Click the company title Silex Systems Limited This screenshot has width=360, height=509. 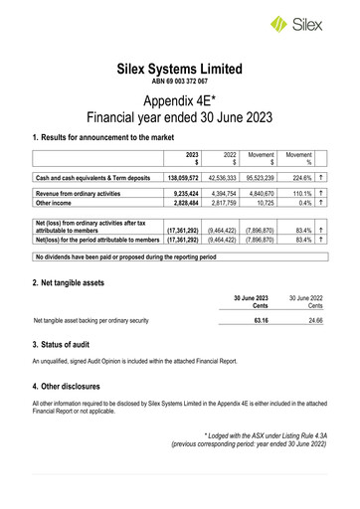[179, 70]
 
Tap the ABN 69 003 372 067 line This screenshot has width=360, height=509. [179, 83]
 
